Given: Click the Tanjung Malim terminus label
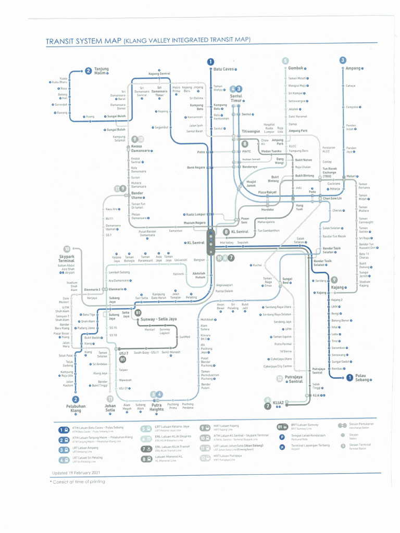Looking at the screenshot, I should click(102, 71).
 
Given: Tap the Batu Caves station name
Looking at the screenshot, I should click(223, 69).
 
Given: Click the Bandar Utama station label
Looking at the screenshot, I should click(137, 196).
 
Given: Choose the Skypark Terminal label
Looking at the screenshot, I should click(66, 259).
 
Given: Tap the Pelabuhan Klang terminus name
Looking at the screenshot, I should click(76, 409).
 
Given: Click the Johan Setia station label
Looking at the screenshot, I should click(110, 409).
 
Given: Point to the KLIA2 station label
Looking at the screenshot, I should click(278, 402).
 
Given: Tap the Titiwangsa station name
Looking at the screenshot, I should click(251, 131).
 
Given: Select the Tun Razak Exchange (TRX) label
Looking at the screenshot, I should click(330, 173).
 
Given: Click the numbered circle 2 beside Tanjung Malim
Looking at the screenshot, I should click(89, 71).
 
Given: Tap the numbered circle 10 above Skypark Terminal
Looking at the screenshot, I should click(67, 249).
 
